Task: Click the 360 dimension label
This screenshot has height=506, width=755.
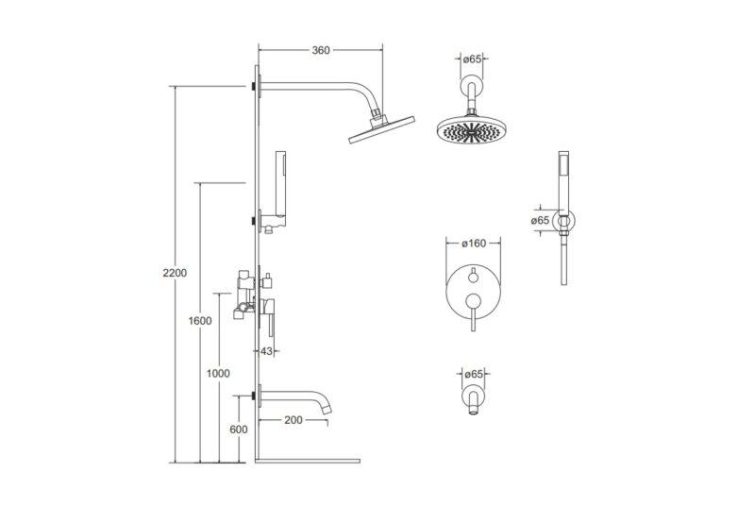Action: point(321,50)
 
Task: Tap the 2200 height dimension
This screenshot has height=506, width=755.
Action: point(175,273)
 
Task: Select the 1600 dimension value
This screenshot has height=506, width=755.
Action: point(200,321)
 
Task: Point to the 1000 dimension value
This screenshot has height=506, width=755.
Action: point(218,373)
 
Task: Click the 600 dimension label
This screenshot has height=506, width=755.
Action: point(239,430)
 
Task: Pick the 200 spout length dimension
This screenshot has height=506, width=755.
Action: point(294,420)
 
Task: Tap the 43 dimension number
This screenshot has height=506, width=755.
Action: point(266,351)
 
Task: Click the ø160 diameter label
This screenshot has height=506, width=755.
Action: point(474,244)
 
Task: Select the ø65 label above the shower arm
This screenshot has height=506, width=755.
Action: point(472,59)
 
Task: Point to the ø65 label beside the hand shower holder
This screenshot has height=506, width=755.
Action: point(540,221)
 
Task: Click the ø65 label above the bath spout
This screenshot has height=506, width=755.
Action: point(474,374)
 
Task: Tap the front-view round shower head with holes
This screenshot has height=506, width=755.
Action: point(472,130)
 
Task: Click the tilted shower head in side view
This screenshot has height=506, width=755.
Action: point(381,129)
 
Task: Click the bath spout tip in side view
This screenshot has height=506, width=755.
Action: point(327,409)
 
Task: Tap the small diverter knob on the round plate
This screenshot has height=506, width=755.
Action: point(474,275)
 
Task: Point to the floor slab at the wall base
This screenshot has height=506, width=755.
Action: point(308,461)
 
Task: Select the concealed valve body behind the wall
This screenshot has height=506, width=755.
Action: point(244,295)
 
